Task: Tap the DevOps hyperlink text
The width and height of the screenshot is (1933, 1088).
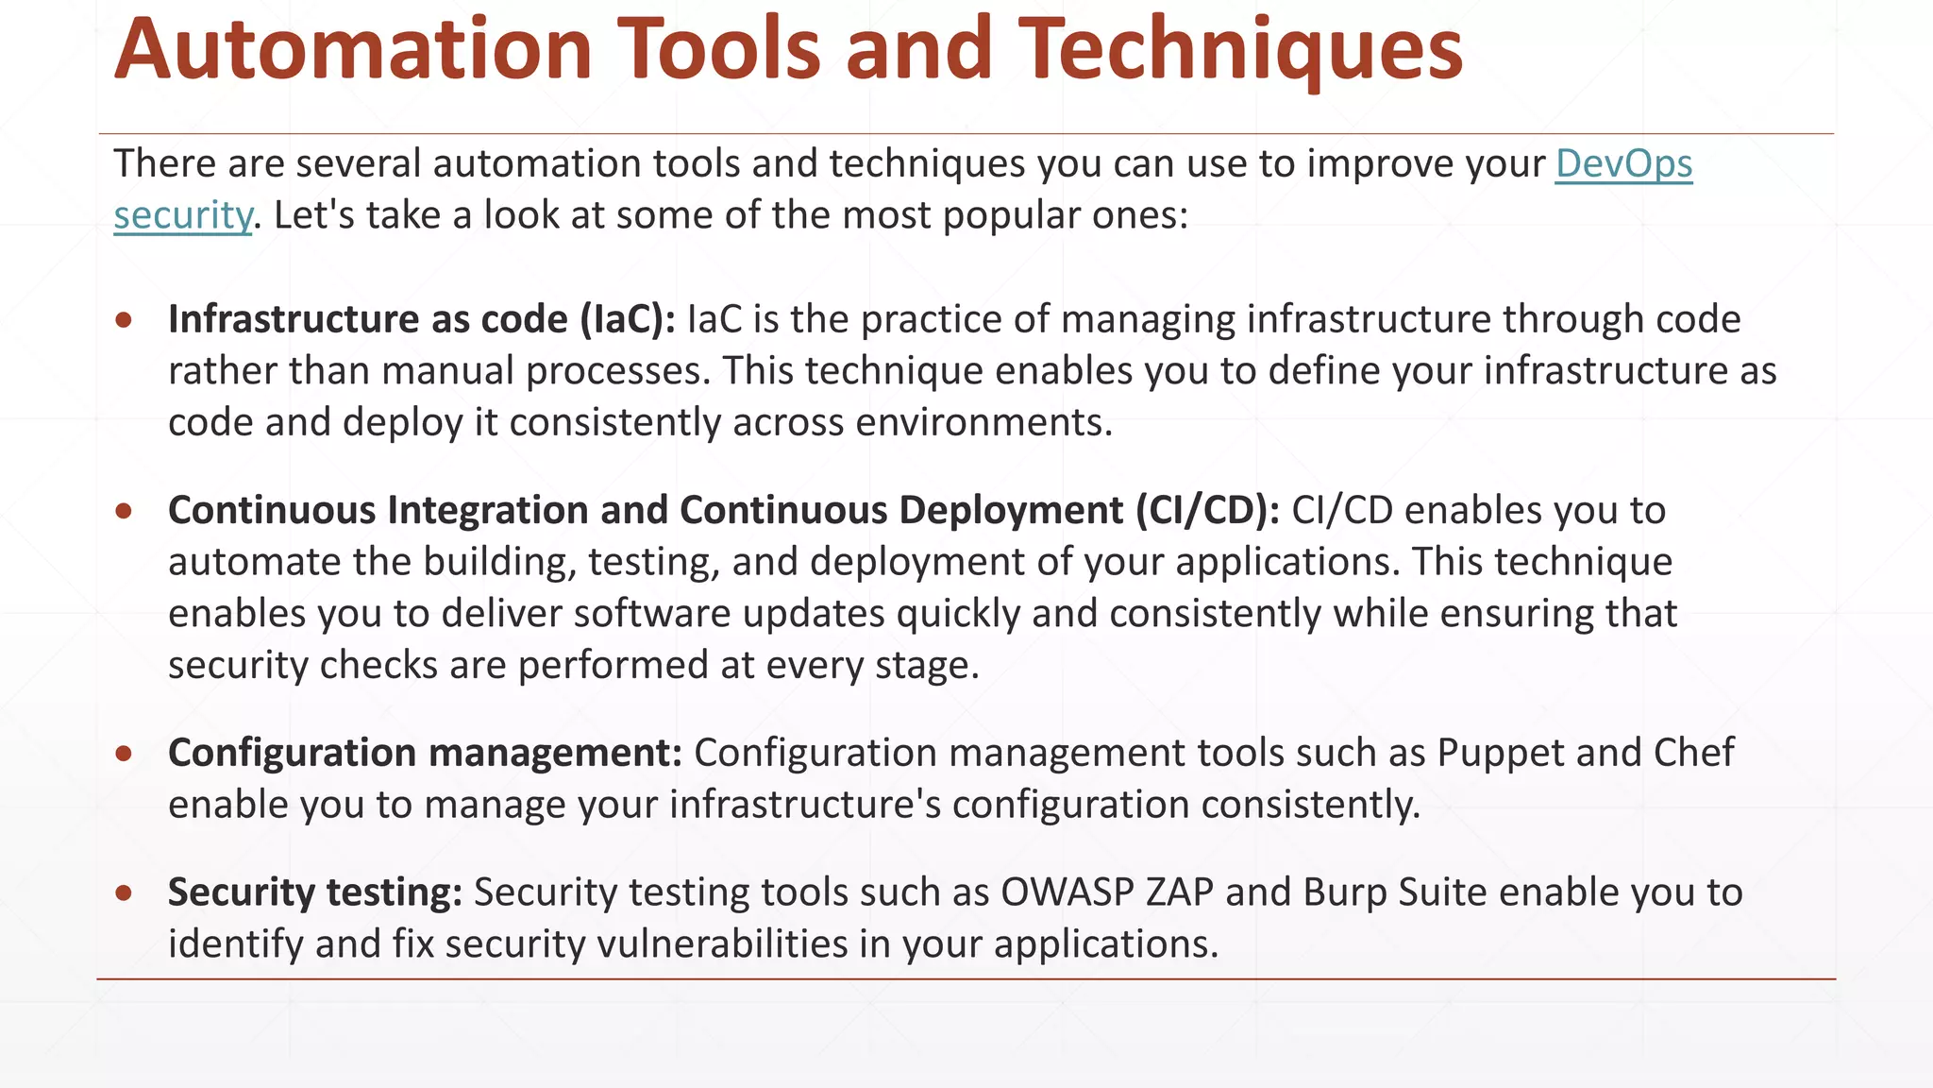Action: tap(1623, 164)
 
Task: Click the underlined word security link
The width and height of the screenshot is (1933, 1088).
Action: tap(182, 216)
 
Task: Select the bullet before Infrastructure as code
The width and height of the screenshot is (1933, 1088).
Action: tap(124, 320)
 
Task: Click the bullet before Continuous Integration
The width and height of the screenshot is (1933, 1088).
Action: tap(124, 511)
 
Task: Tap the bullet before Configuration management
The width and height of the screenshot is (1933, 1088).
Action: tap(124, 754)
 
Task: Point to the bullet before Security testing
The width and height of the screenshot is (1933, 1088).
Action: tap(124, 893)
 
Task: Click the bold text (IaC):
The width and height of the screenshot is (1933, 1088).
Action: tap(627, 320)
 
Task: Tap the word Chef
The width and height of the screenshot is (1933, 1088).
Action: tap(1693, 754)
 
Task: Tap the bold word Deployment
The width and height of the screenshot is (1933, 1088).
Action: tap(1010, 511)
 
